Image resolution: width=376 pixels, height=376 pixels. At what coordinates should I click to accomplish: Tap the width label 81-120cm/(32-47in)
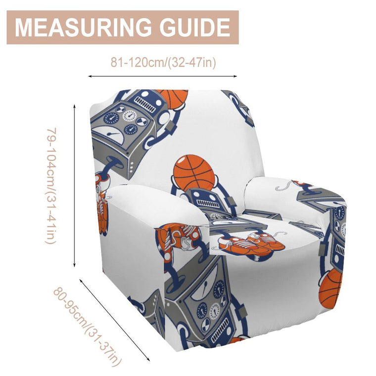[163, 62]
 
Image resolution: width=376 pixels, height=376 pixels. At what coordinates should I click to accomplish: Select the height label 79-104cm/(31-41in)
[51, 186]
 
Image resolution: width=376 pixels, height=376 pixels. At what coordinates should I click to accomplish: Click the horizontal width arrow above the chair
[163, 76]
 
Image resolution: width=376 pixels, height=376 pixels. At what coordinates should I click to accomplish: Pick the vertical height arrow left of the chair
[75, 186]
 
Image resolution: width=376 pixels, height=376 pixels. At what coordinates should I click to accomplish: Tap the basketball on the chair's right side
[330, 288]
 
